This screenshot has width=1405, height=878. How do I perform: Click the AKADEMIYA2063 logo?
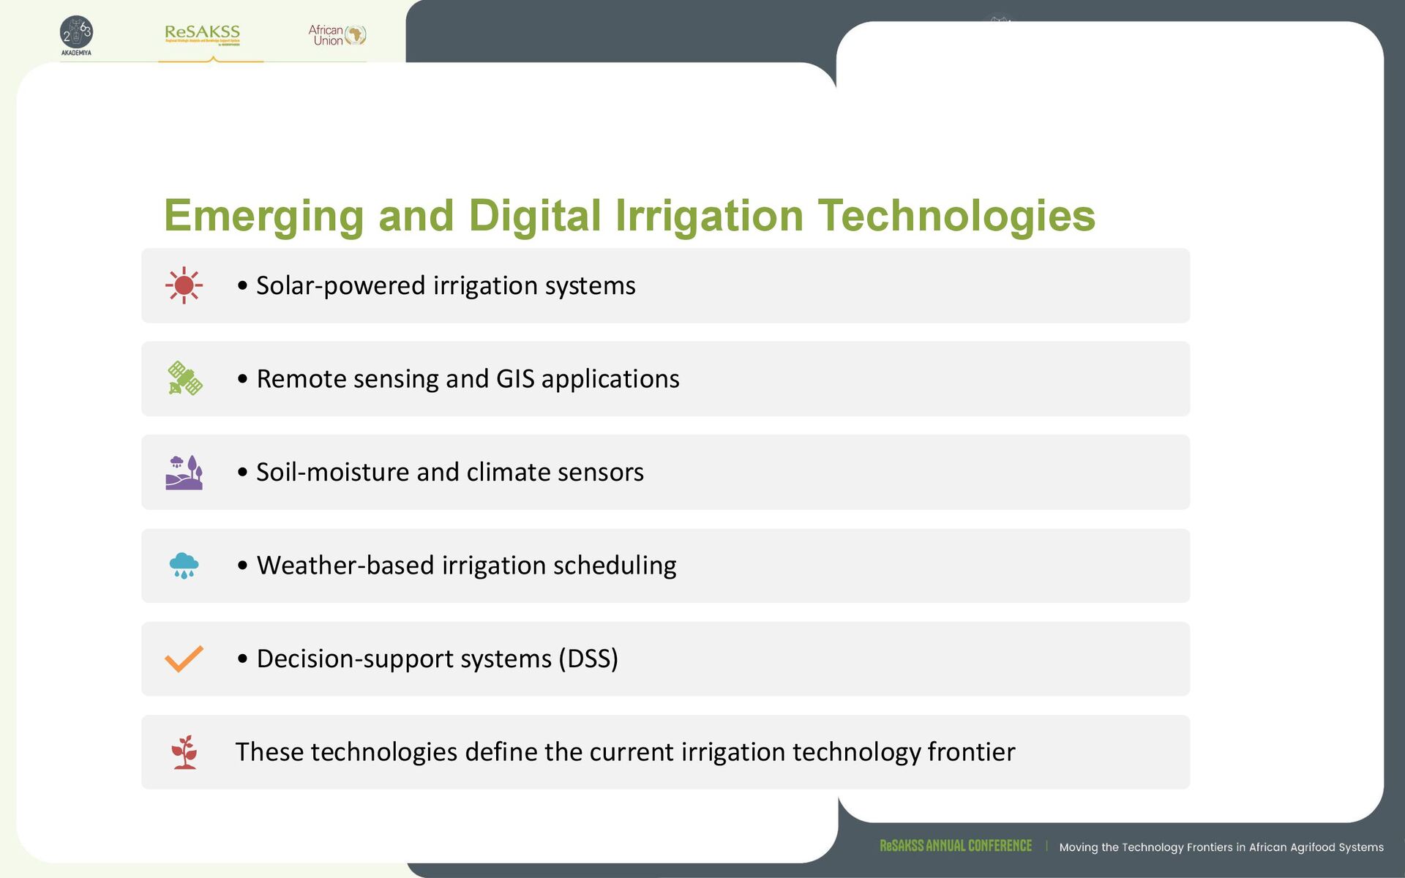coord(76,35)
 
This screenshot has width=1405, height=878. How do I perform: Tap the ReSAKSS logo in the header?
coord(203,34)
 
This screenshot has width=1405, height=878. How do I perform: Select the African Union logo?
coord(337,35)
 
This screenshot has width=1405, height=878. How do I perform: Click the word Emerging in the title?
coord(263,216)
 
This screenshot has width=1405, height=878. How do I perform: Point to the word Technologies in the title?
coord(956,216)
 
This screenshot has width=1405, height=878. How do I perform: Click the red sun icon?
coord(184,285)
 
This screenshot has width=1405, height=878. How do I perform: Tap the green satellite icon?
coord(184,378)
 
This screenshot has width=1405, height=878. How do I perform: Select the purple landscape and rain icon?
coord(184,472)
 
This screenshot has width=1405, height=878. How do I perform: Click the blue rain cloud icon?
coord(184,566)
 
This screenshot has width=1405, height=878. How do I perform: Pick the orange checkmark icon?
coord(184,658)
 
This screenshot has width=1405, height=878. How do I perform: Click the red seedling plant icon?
coord(184,752)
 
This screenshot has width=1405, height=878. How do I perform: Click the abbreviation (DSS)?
coord(588,658)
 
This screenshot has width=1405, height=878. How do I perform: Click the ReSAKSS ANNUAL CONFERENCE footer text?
coord(956,846)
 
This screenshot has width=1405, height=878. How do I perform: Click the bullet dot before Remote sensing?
coord(243,379)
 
